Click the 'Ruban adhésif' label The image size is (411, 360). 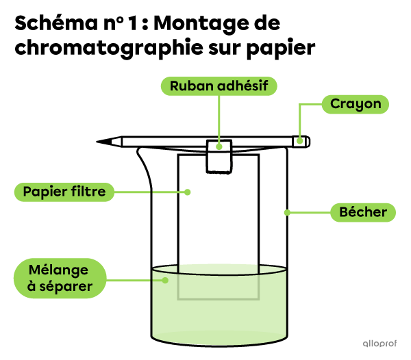point(219,86)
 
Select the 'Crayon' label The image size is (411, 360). point(356,104)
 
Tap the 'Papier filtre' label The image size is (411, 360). point(64,192)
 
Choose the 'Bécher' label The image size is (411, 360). point(363,212)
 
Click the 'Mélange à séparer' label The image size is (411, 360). point(60,278)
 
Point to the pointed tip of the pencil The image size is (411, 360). point(114,142)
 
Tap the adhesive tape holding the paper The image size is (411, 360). point(219,157)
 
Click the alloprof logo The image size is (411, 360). point(379,344)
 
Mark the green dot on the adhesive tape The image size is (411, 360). point(219,146)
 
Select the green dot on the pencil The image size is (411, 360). point(299,142)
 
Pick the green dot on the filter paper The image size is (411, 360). point(186,192)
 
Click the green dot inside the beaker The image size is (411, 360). point(287,213)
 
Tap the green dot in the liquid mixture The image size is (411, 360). point(164,279)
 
